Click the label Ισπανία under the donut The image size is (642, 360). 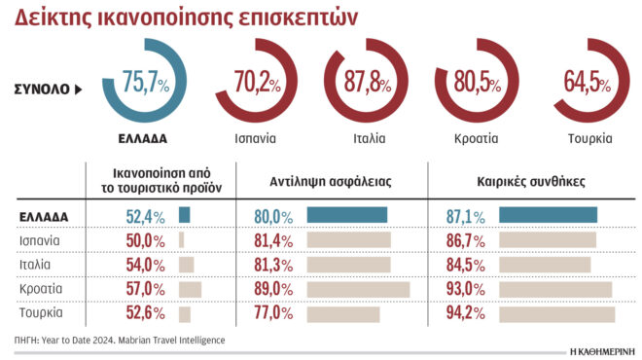[x=256, y=138]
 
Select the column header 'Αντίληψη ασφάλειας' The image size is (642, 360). [x=331, y=181]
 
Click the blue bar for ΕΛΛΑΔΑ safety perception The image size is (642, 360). [x=346, y=215]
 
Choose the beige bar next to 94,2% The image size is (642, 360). [x=556, y=312]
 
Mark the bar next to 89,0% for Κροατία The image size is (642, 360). [x=357, y=288]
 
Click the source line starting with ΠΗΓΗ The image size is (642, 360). [x=120, y=340]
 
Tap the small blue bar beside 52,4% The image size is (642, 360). [x=184, y=215]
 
